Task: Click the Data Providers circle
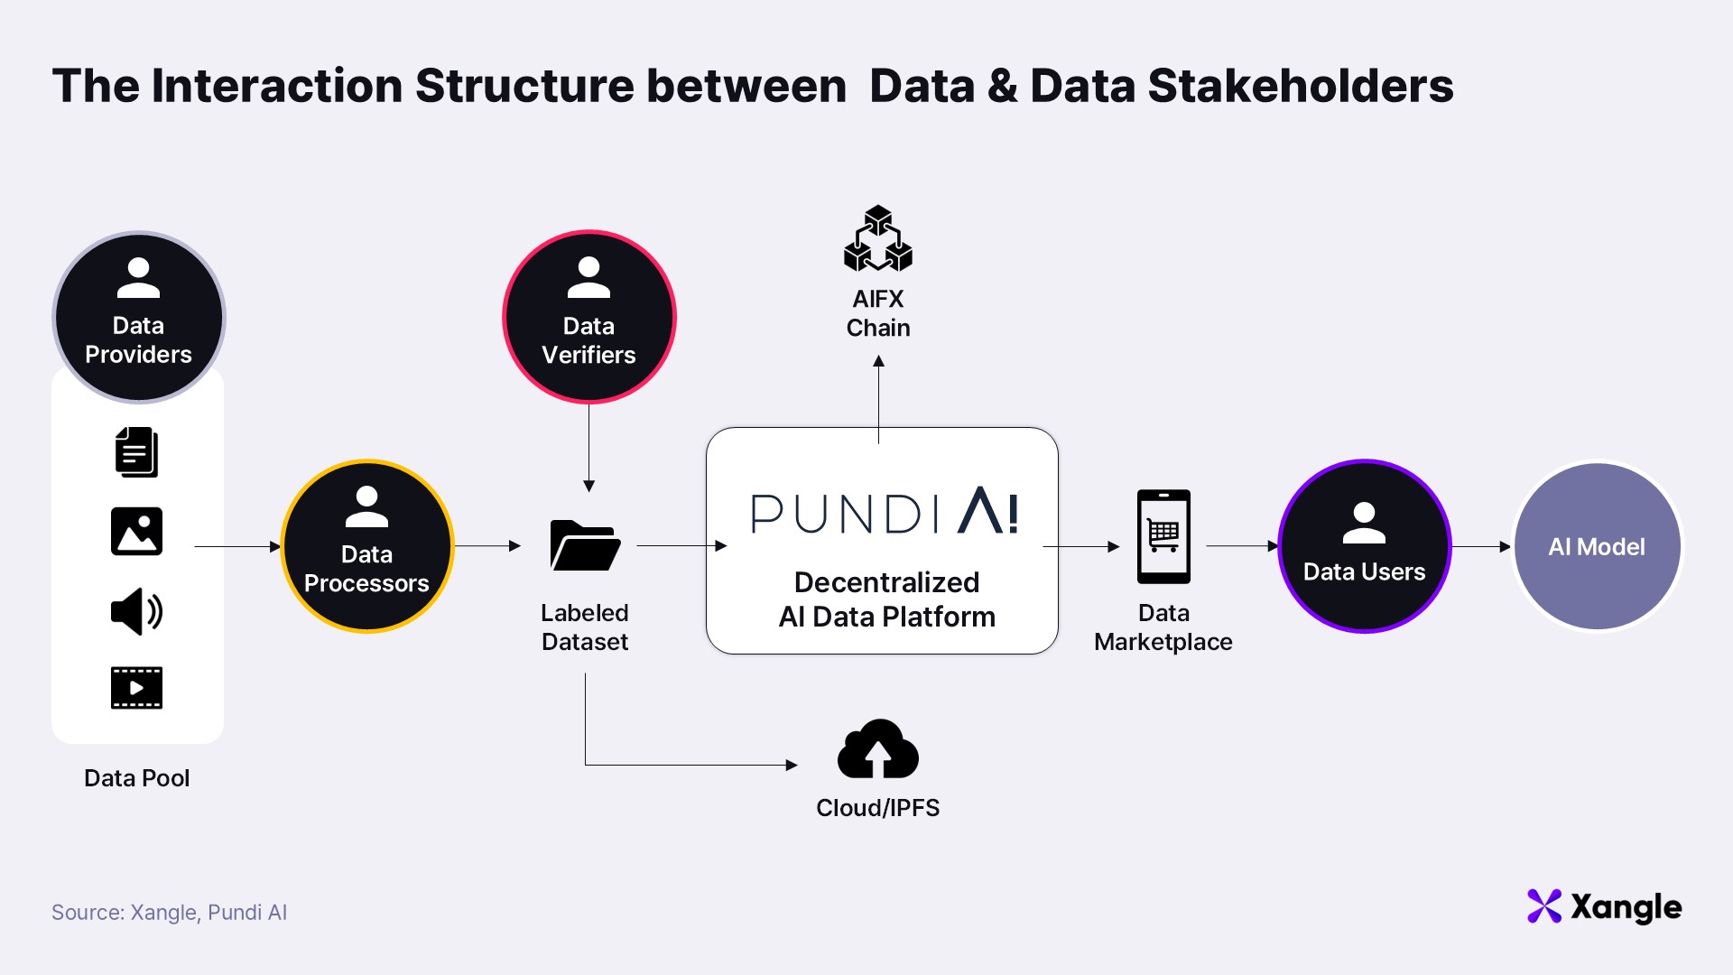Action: (x=138, y=317)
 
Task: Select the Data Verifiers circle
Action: (x=588, y=317)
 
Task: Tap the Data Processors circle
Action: (x=366, y=546)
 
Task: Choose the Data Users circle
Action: (x=1364, y=546)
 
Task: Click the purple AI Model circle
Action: (x=1597, y=546)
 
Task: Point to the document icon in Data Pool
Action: (x=136, y=452)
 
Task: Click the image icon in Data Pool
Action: (x=136, y=531)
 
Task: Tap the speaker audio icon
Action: (x=136, y=611)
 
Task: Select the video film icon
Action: (x=136, y=688)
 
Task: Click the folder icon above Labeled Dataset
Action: (x=585, y=545)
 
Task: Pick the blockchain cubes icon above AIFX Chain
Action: (x=877, y=239)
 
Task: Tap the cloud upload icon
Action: (x=877, y=749)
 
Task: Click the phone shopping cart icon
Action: (x=1163, y=536)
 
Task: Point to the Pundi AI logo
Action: (x=885, y=512)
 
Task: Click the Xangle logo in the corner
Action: (x=1604, y=906)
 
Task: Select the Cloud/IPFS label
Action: (x=877, y=808)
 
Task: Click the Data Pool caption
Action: (x=136, y=778)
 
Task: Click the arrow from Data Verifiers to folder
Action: (x=588, y=447)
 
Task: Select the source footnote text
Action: (x=169, y=913)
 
